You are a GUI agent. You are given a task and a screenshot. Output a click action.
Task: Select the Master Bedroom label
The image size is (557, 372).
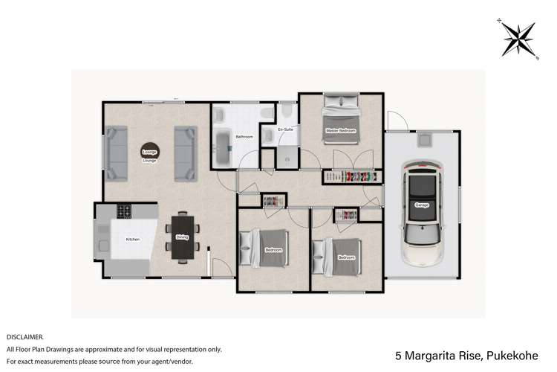click(340, 131)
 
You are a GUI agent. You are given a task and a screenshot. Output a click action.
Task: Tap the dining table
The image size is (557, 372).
click(182, 237)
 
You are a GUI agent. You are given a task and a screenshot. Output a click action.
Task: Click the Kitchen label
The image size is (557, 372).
click(132, 240)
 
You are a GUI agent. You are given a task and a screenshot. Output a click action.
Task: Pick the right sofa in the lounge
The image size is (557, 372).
click(185, 154)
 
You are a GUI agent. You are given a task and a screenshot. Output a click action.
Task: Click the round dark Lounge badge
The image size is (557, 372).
click(149, 151)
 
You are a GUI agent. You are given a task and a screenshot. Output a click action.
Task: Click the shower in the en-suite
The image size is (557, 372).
click(286, 155)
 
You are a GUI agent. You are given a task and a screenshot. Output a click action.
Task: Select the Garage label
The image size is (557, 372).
click(422, 206)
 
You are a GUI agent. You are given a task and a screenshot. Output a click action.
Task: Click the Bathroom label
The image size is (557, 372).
click(244, 138)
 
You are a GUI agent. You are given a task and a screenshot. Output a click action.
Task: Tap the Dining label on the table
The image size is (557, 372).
click(182, 237)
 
